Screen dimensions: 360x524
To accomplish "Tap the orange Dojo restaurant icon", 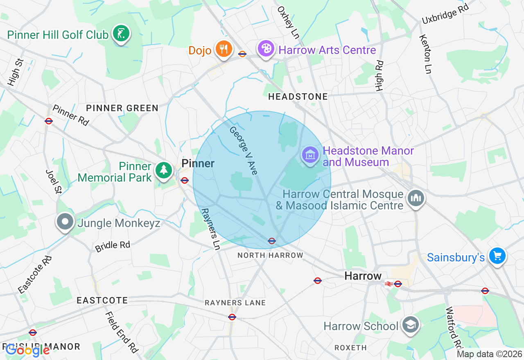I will pyautogui.click(x=223, y=49).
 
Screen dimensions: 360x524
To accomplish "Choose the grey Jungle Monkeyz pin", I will pyautogui.click(x=65, y=222).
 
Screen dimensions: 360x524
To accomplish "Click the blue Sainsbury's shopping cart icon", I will pyautogui.click(x=497, y=256).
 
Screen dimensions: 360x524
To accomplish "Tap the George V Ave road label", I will pyautogui.click(x=244, y=151).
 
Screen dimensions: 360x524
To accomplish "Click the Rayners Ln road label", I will pyautogui.click(x=210, y=229).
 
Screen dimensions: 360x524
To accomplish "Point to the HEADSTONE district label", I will pyautogui.click(x=298, y=97).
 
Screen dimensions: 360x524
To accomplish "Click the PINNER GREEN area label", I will pyautogui.click(x=122, y=108).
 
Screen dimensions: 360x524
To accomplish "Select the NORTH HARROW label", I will pyautogui.click(x=271, y=255).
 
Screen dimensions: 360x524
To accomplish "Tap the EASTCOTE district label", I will pyautogui.click(x=102, y=301).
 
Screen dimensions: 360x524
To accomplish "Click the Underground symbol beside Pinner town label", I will pyautogui.click(x=185, y=180).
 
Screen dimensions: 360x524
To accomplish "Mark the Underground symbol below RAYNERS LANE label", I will pyautogui.click(x=232, y=317).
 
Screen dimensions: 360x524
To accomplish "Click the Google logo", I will pyautogui.click(x=28, y=350).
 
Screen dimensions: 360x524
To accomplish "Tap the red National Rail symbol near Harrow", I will pyautogui.click(x=388, y=283).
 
